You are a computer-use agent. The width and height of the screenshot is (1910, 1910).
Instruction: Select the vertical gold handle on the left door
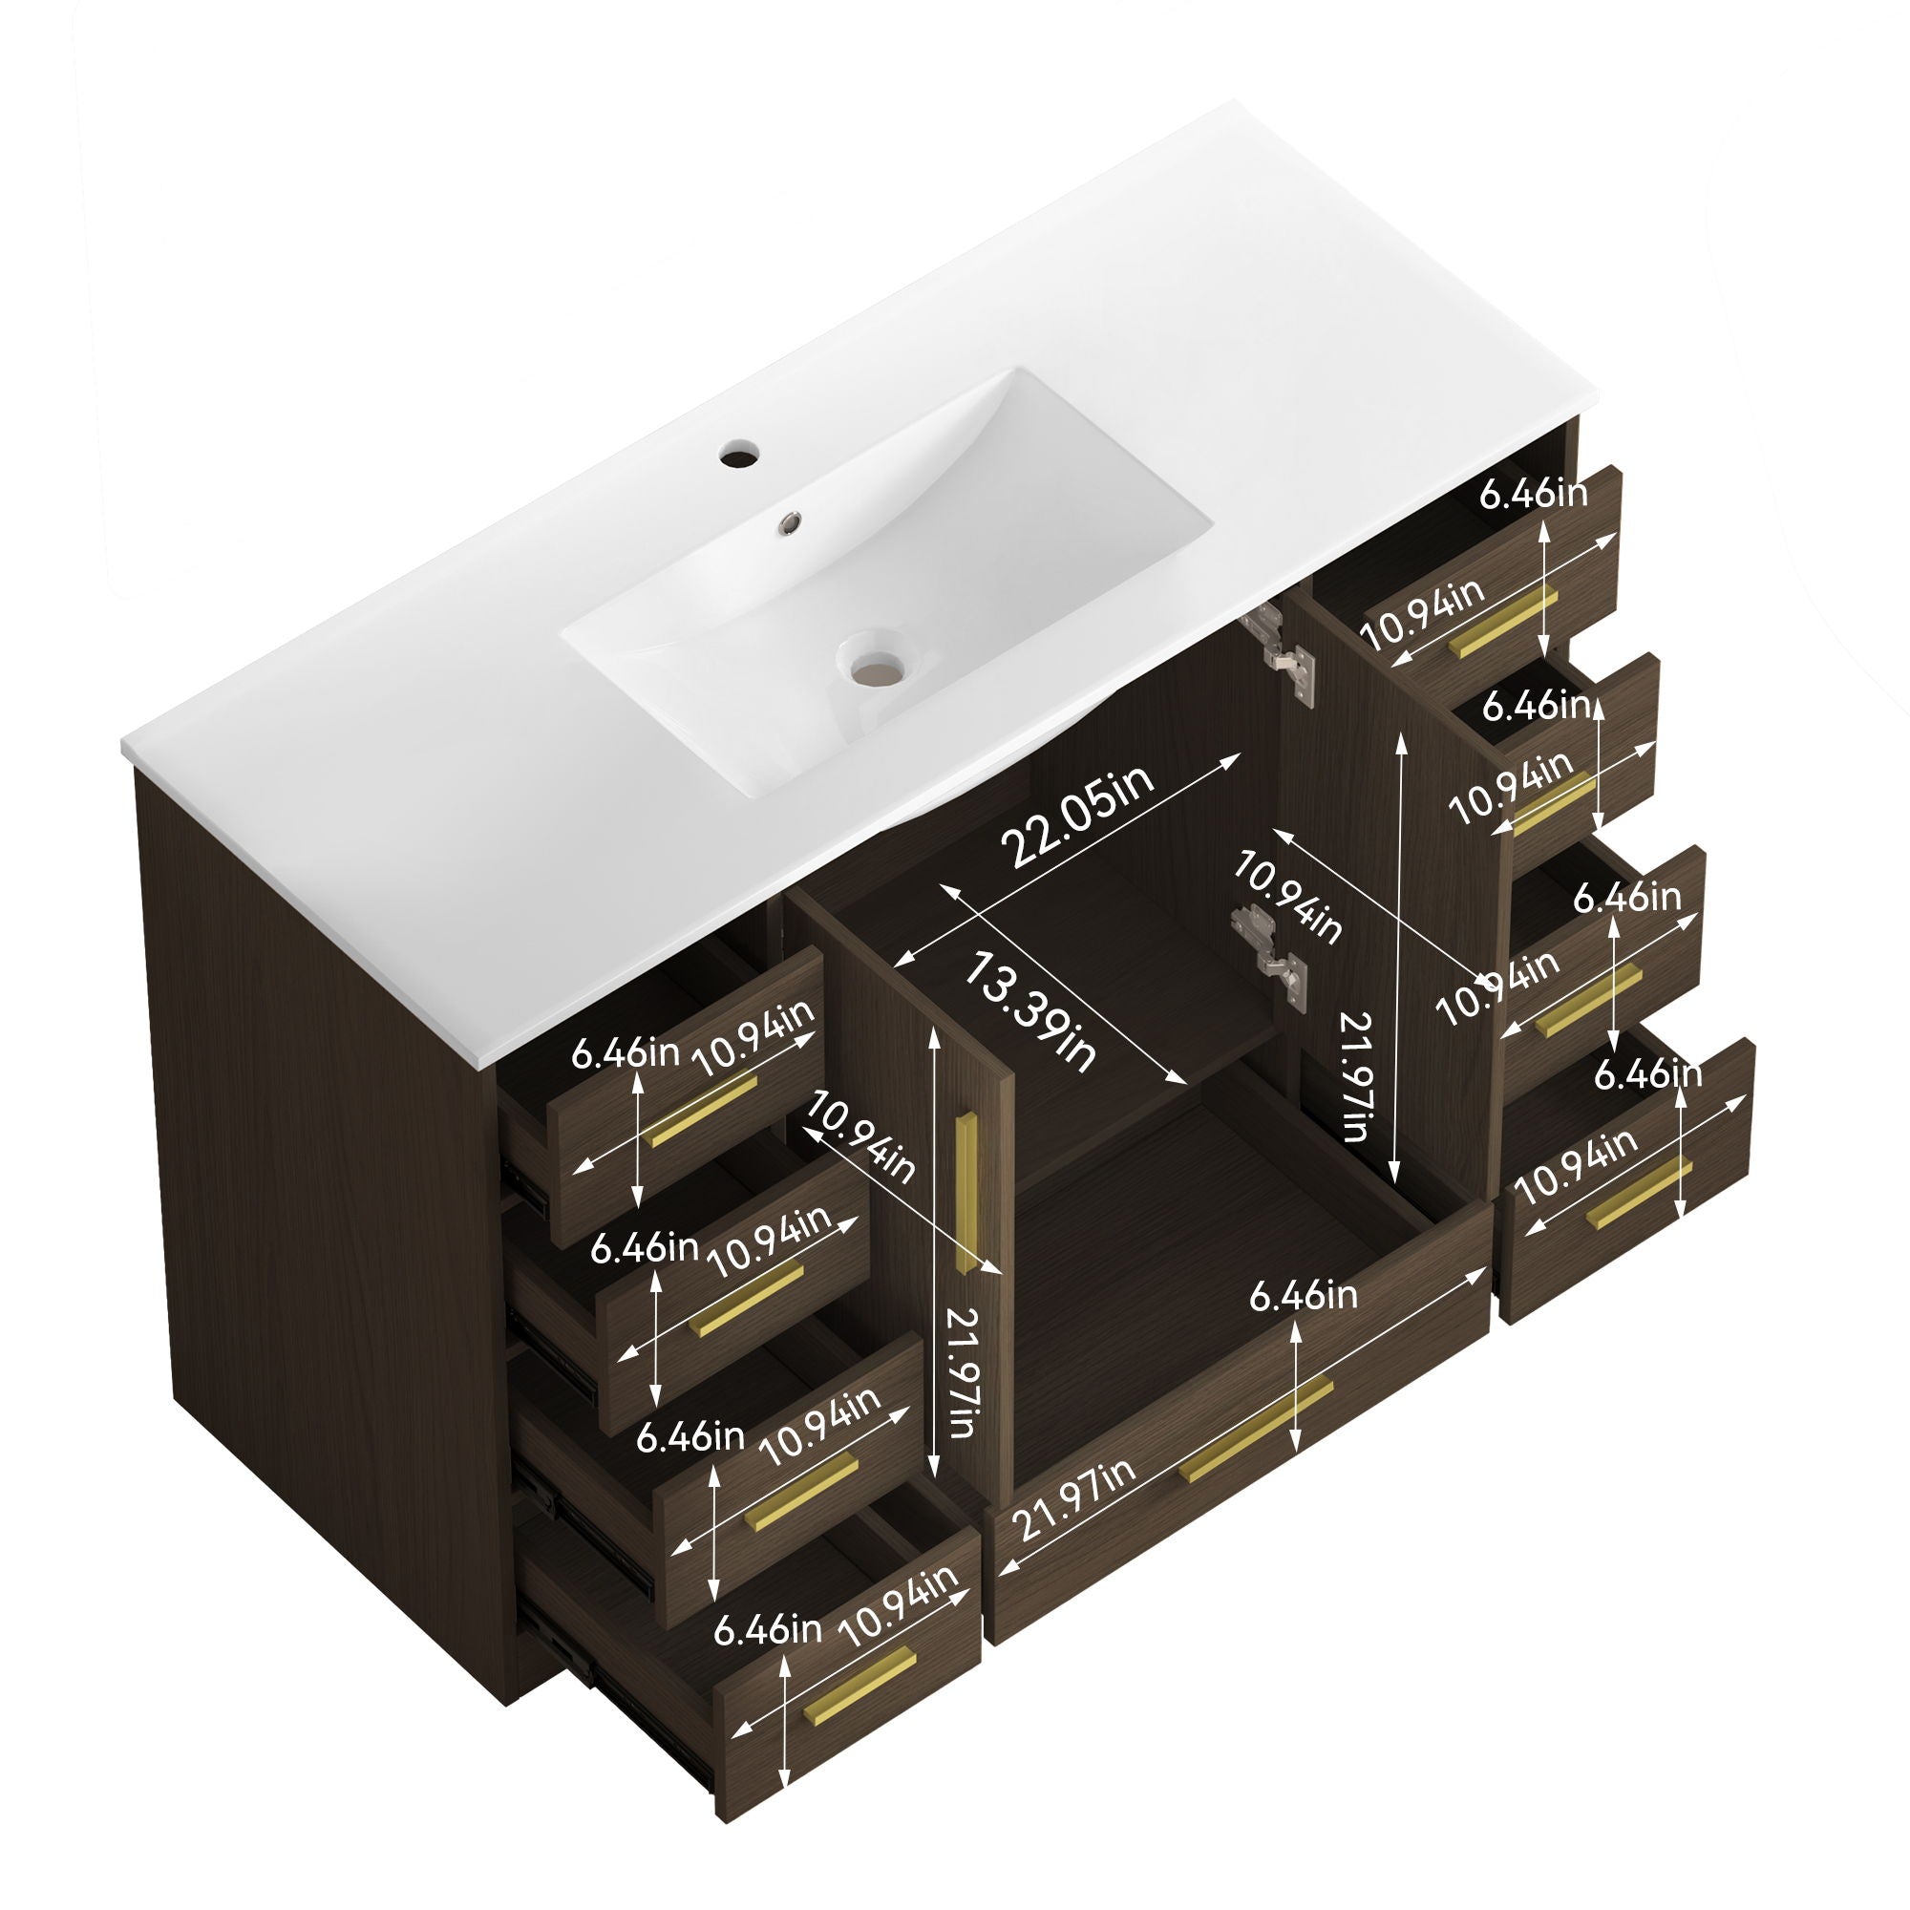pyautogui.click(x=966, y=1193)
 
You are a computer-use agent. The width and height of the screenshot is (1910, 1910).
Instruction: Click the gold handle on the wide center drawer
pyautogui.click(x=1256, y=1428)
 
